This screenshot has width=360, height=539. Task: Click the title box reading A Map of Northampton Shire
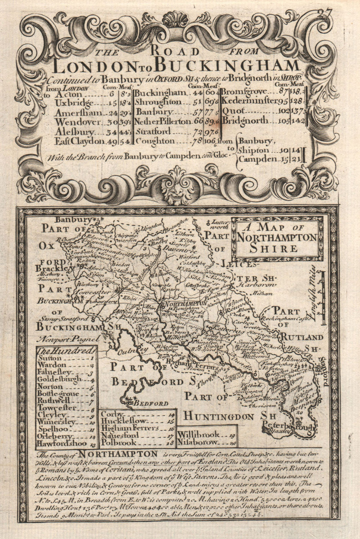tap(276, 238)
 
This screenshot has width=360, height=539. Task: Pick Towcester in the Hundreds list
tap(57, 408)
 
